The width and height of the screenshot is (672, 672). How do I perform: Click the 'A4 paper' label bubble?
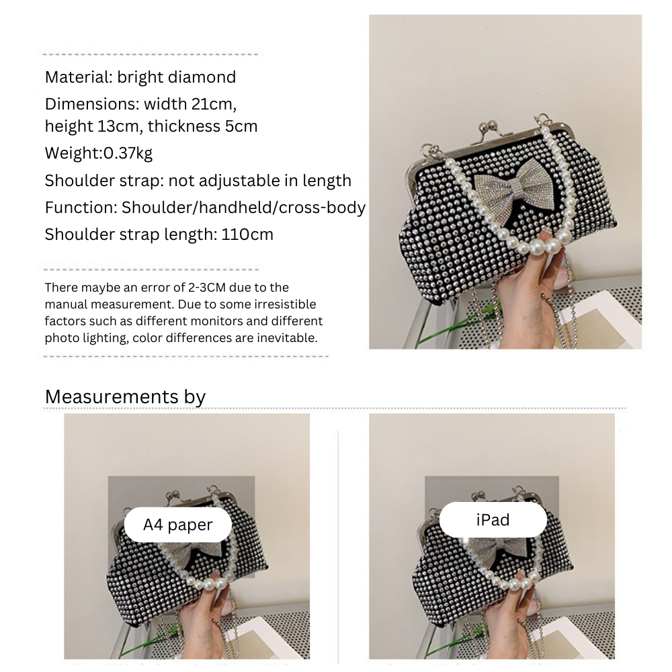coord(178,525)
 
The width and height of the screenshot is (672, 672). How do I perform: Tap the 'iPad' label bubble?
coord(493,520)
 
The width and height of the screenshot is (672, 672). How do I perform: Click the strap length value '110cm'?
coord(247,235)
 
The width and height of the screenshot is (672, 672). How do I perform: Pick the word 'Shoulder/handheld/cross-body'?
coord(243,208)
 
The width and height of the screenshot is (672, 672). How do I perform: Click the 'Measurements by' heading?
coord(125,397)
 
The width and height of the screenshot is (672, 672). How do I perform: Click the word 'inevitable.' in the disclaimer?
coord(287,338)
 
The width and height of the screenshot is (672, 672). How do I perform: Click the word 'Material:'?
coord(79,77)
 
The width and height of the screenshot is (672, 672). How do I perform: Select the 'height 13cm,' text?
coord(94,127)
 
